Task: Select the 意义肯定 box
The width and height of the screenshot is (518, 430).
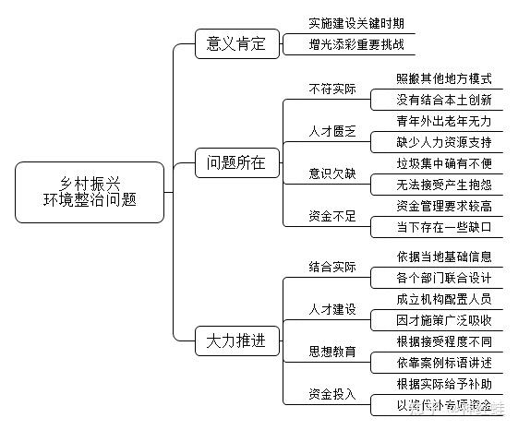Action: pyautogui.click(x=236, y=42)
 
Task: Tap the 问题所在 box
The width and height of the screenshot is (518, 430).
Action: pyautogui.click(x=236, y=163)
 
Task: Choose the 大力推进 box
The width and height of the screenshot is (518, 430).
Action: pyautogui.click(x=236, y=341)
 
